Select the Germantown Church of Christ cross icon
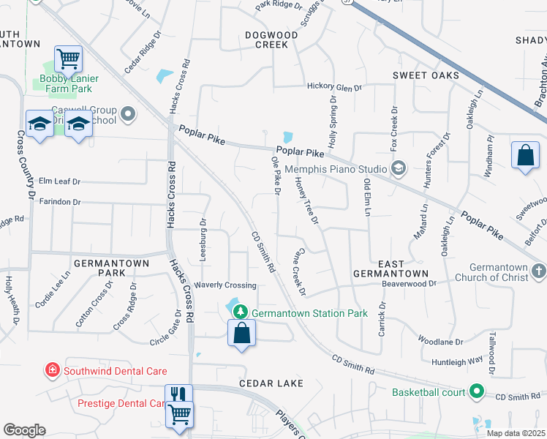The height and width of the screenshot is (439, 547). click(x=537, y=271)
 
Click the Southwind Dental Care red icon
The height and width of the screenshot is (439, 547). click(x=52, y=371)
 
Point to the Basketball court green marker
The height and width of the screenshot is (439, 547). click(x=476, y=392)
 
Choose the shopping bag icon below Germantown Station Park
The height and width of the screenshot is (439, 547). click(x=241, y=334)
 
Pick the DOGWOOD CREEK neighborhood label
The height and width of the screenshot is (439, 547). click(x=271, y=40)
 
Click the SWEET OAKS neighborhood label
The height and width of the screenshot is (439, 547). click(x=426, y=75)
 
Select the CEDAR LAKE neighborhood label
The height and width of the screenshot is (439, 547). click(x=270, y=383)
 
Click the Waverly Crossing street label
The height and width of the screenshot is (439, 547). click(x=225, y=285)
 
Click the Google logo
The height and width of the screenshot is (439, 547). click(x=25, y=430)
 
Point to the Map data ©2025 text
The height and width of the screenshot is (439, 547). click(x=516, y=433)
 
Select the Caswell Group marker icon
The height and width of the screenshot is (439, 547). click(x=128, y=113)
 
